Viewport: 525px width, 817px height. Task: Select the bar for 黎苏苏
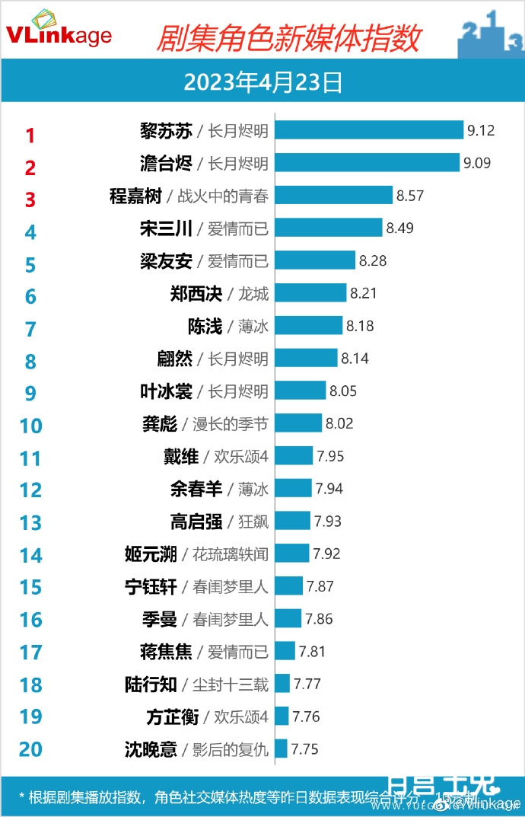coord(369,130)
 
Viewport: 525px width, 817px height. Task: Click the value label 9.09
coord(479,163)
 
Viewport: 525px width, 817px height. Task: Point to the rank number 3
coord(30,199)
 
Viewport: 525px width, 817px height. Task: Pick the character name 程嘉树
coord(135,196)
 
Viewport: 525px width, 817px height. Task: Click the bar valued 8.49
coord(328,228)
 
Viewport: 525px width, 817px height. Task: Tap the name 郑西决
coord(196,293)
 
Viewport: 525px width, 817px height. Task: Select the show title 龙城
coord(253,293)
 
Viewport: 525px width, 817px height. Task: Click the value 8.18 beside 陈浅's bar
coord(361,326)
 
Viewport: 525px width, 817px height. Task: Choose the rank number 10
coord(30,425)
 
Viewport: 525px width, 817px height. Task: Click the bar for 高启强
coord(293,521)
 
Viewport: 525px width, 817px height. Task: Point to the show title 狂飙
coord(253,521)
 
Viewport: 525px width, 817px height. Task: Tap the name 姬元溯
coord(151,554)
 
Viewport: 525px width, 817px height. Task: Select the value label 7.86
coord(319,619)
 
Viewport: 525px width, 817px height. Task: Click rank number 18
coord(30,685)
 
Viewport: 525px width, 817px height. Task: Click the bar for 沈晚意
coord(281,748)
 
